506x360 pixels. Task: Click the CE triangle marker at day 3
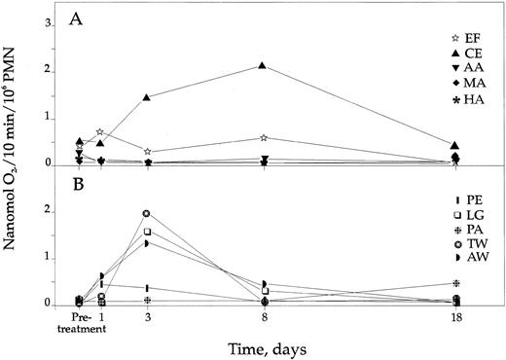[147, 97]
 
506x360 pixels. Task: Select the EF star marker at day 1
[101, 131]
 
